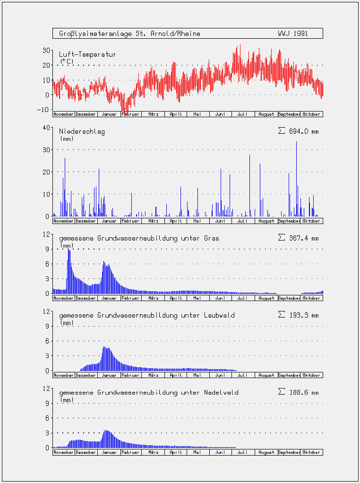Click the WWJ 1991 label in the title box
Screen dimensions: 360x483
click(x=292, y=34)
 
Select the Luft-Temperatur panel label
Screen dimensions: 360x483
click(x=87, y=54)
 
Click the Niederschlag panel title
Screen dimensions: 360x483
click(x=82, y=132)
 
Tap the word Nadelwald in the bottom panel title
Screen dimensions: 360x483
click(x=221, y=393)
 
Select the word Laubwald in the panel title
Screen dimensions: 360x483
click(x=219, y=315)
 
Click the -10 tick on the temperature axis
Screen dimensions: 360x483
click(x=43, y=110)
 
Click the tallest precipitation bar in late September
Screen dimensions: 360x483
click(x=297, y=179)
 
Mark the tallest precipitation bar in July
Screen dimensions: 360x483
click(x=250, y=185)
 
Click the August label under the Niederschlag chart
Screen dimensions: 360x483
click(x=266, y=221)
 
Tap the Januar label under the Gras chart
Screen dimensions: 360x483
click(x=109, y=298)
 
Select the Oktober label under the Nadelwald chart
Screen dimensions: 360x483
click(x=311, y=452)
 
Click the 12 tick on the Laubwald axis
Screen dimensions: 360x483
click(x=46, y=311)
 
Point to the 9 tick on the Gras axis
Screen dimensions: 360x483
click(x=47, y=249)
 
